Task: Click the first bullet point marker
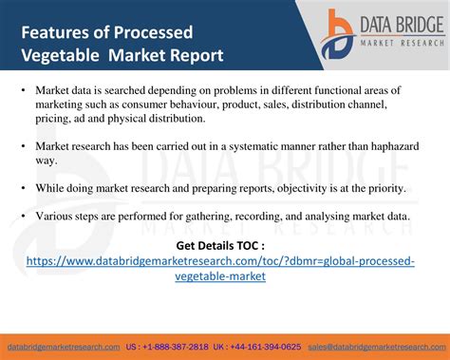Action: point(22,90)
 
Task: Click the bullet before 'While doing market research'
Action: point(22,189)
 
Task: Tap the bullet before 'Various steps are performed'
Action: point(22,217)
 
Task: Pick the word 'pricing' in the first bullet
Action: point(56,119)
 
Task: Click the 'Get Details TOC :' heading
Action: point(220,245)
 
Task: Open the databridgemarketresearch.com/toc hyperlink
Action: point(220,268)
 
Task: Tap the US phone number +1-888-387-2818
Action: point(162,347)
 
